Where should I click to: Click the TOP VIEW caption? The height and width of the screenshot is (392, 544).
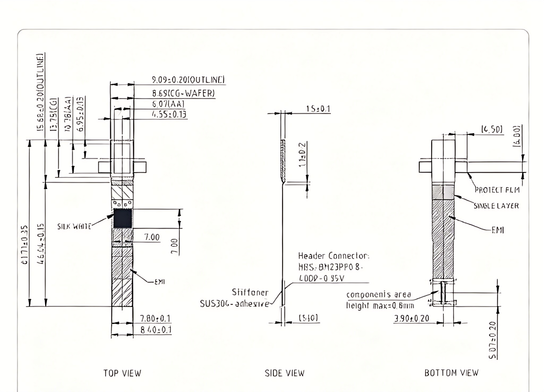click(122, 373)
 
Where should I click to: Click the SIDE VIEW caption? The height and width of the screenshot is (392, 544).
click(284, 373)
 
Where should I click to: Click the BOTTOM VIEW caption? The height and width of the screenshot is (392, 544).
click(451, 373)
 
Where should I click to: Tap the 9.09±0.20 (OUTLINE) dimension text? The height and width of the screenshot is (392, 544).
click(188, 80)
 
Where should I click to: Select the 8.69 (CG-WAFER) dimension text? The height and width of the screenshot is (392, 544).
click(183, 93)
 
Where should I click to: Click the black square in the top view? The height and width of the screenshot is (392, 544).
click(123, 218)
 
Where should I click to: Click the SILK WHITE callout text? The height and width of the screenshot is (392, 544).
click(74, 226)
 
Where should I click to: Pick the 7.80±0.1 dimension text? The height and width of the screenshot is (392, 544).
click(155, 318)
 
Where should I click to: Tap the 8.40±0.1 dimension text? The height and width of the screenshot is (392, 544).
click(156, 330)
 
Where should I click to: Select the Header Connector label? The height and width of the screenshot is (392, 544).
click(334, 256)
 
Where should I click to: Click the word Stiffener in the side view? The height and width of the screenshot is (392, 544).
click(250, 292)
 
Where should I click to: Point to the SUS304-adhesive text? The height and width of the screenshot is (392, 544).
click(234, 304)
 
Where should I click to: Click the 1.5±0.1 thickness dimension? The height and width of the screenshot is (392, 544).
click(318, 109)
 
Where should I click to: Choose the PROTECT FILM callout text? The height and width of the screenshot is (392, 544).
click(497, 190)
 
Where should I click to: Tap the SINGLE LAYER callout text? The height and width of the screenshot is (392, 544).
click(496, 206)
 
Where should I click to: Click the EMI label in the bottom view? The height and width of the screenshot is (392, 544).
click(498, 230)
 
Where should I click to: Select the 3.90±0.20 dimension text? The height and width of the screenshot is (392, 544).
click(411, 318)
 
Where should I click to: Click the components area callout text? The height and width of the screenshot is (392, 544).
click(379, 295)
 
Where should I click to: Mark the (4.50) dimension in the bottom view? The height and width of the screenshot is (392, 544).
click(492, 129)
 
